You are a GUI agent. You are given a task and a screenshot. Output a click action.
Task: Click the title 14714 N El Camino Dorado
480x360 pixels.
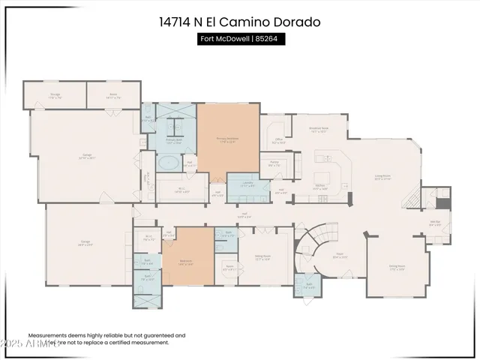click(x=240, y=22)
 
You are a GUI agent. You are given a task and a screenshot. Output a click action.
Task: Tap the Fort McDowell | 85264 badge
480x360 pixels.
click(x=240, y=40)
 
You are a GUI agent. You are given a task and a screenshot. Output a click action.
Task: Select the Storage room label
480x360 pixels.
click(x=55, y=94)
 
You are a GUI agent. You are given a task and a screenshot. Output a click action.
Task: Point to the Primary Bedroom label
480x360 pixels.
click(x=228, y=139)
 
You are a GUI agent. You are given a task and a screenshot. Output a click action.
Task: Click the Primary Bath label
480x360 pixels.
click(x=173, y=140)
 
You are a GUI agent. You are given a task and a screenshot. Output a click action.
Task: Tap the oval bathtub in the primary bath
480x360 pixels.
click(x=168, y=163)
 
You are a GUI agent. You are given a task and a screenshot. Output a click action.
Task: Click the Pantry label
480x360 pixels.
click(x=274, y=163)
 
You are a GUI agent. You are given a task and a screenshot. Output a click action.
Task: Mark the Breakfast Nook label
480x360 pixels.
click(x=319, y=129)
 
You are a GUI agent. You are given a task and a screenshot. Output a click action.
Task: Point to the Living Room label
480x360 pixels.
click(x=383, y=177)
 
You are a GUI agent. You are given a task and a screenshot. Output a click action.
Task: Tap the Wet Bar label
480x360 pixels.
click(x=434, y=221)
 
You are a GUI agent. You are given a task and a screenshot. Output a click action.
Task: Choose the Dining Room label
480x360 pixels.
click(x=397, y=266)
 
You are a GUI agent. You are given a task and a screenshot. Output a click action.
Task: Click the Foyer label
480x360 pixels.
click(x=339, y=255)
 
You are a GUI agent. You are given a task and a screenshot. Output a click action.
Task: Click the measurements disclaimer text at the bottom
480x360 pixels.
click(x=106, y=339)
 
